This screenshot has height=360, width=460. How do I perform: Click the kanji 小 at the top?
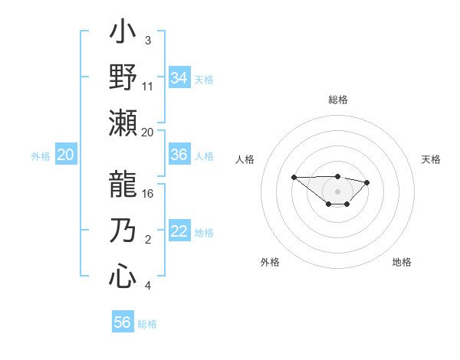[123, 34]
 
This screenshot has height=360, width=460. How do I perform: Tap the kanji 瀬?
[123, 122]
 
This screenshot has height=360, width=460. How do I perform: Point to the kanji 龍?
[123, 183]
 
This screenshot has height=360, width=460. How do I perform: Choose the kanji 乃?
[123, 231]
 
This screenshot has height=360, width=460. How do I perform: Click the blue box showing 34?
[179, 78]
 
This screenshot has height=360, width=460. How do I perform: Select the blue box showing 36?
[179, 155]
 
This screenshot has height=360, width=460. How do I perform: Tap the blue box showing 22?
[179, 232]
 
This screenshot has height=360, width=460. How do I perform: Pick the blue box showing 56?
[123, 322]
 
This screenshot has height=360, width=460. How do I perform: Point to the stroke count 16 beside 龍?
[148, 193]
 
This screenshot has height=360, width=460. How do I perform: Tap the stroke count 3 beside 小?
[147, 41]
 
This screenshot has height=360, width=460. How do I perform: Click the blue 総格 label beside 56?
[147, 324]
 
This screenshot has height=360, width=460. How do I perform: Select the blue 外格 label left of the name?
[41, 155]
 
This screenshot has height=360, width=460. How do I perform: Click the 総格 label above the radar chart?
[337, 100]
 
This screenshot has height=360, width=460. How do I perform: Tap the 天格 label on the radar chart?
[431, 159]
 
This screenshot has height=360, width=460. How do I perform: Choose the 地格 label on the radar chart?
[402, 262]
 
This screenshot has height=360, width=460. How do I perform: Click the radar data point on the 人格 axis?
[294, 177]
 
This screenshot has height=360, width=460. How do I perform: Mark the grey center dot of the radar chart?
[337, 191]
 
